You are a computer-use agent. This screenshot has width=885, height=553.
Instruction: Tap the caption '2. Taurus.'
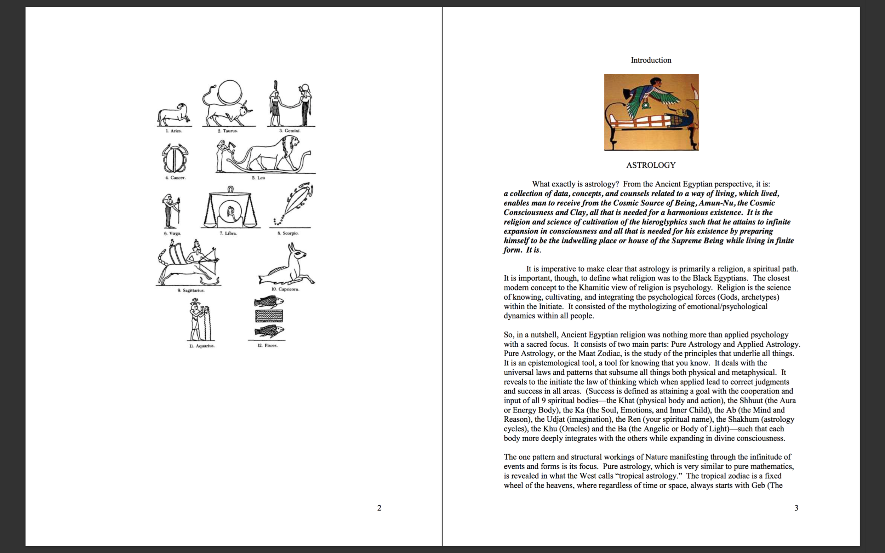(x=228, y=131)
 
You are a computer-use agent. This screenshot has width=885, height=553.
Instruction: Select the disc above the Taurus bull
(x=230, y=92)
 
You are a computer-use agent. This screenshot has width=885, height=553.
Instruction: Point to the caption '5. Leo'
(x=258, y=178)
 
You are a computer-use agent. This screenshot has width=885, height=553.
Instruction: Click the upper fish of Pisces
(x=269, y=302)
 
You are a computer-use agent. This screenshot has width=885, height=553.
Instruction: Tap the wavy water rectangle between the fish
(x=269, y=316)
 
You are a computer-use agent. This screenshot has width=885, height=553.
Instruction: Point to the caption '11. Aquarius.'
(x=202, y=346)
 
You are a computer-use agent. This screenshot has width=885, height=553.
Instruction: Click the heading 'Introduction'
(x=651, y=60)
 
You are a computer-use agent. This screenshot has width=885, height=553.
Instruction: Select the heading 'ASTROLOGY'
(x=651, y=165)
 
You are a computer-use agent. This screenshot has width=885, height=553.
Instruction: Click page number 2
(x=379, y=508)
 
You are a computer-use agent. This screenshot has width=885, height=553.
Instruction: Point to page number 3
(x=796, y=508)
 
